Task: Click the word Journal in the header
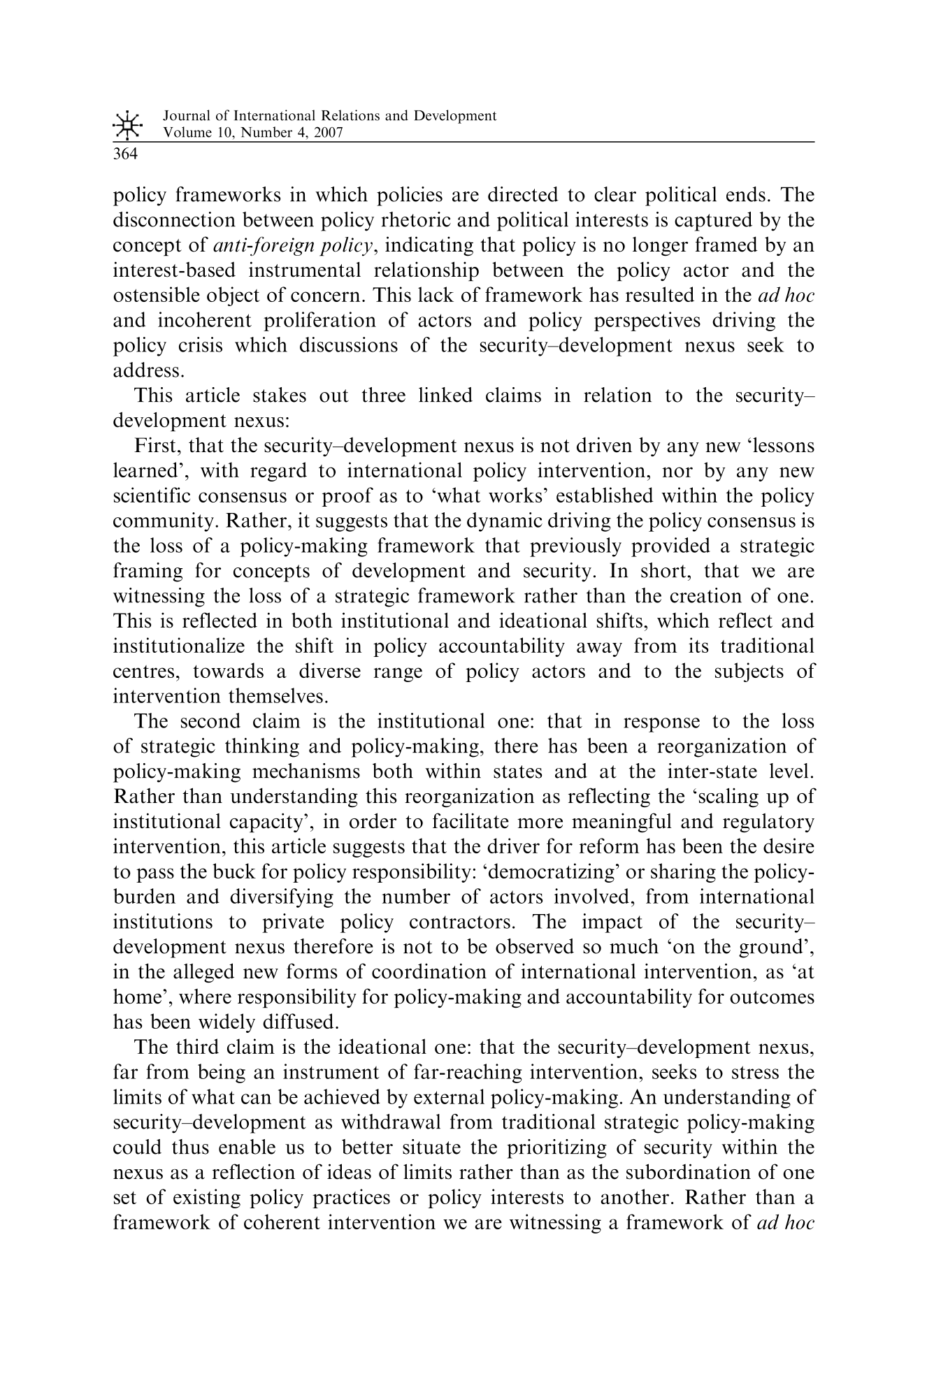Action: click(184, 116)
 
